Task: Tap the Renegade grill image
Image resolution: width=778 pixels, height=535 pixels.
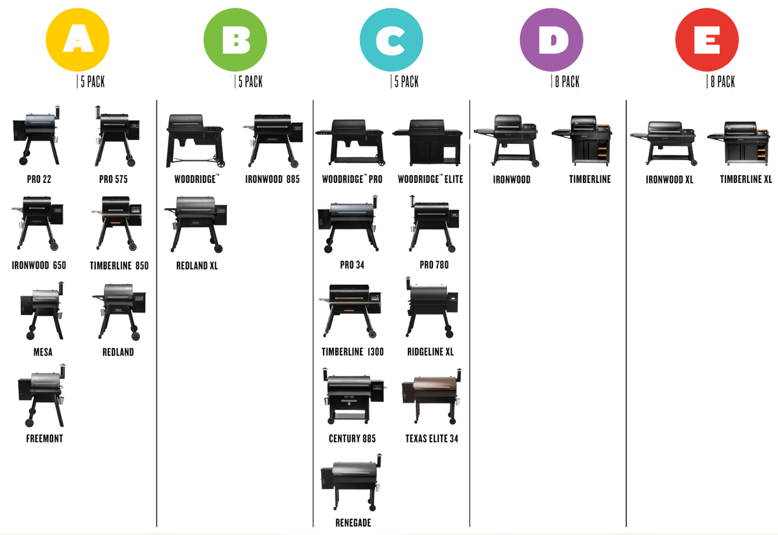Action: click(353, 483)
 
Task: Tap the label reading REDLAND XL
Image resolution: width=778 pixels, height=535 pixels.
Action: click(196, 265)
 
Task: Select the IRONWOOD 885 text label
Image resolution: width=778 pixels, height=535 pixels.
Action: click(273, 179)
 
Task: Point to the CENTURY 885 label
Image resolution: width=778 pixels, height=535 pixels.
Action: click(352, 439)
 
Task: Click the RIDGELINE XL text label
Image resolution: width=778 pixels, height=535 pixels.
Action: click(431, 352)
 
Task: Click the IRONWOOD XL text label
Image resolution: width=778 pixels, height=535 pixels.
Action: click(669, 179)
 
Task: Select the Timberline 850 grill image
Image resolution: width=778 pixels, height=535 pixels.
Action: click(117, 224)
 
